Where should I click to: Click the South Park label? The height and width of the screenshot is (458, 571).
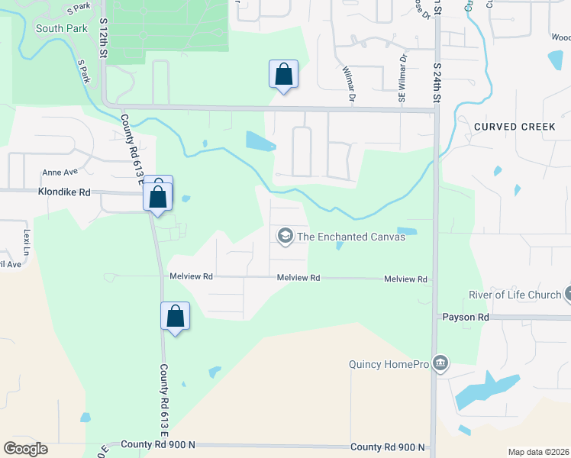coord(54,29)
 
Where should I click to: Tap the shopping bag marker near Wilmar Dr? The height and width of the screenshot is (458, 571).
coord(283,75)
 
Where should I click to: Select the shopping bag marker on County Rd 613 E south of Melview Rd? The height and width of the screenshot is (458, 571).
coord(175,316)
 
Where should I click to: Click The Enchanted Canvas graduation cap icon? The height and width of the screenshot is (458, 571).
coord(285,236)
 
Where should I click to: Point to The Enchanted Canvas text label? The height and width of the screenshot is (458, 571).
coord(350,237)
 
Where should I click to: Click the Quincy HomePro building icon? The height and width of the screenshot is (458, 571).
coord(440,363)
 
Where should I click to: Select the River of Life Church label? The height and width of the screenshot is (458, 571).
coord(513,295)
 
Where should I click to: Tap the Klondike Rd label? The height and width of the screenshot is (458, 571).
coord(63,193)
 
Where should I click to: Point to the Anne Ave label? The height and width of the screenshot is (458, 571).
coord(60,173)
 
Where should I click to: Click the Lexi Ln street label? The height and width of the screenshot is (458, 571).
coord(27,240)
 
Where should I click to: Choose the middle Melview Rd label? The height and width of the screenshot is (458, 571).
coord(298,279)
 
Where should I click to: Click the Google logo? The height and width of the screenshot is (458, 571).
coord(26,449)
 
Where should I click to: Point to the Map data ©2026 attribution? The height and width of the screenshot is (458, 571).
coord(537,452)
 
